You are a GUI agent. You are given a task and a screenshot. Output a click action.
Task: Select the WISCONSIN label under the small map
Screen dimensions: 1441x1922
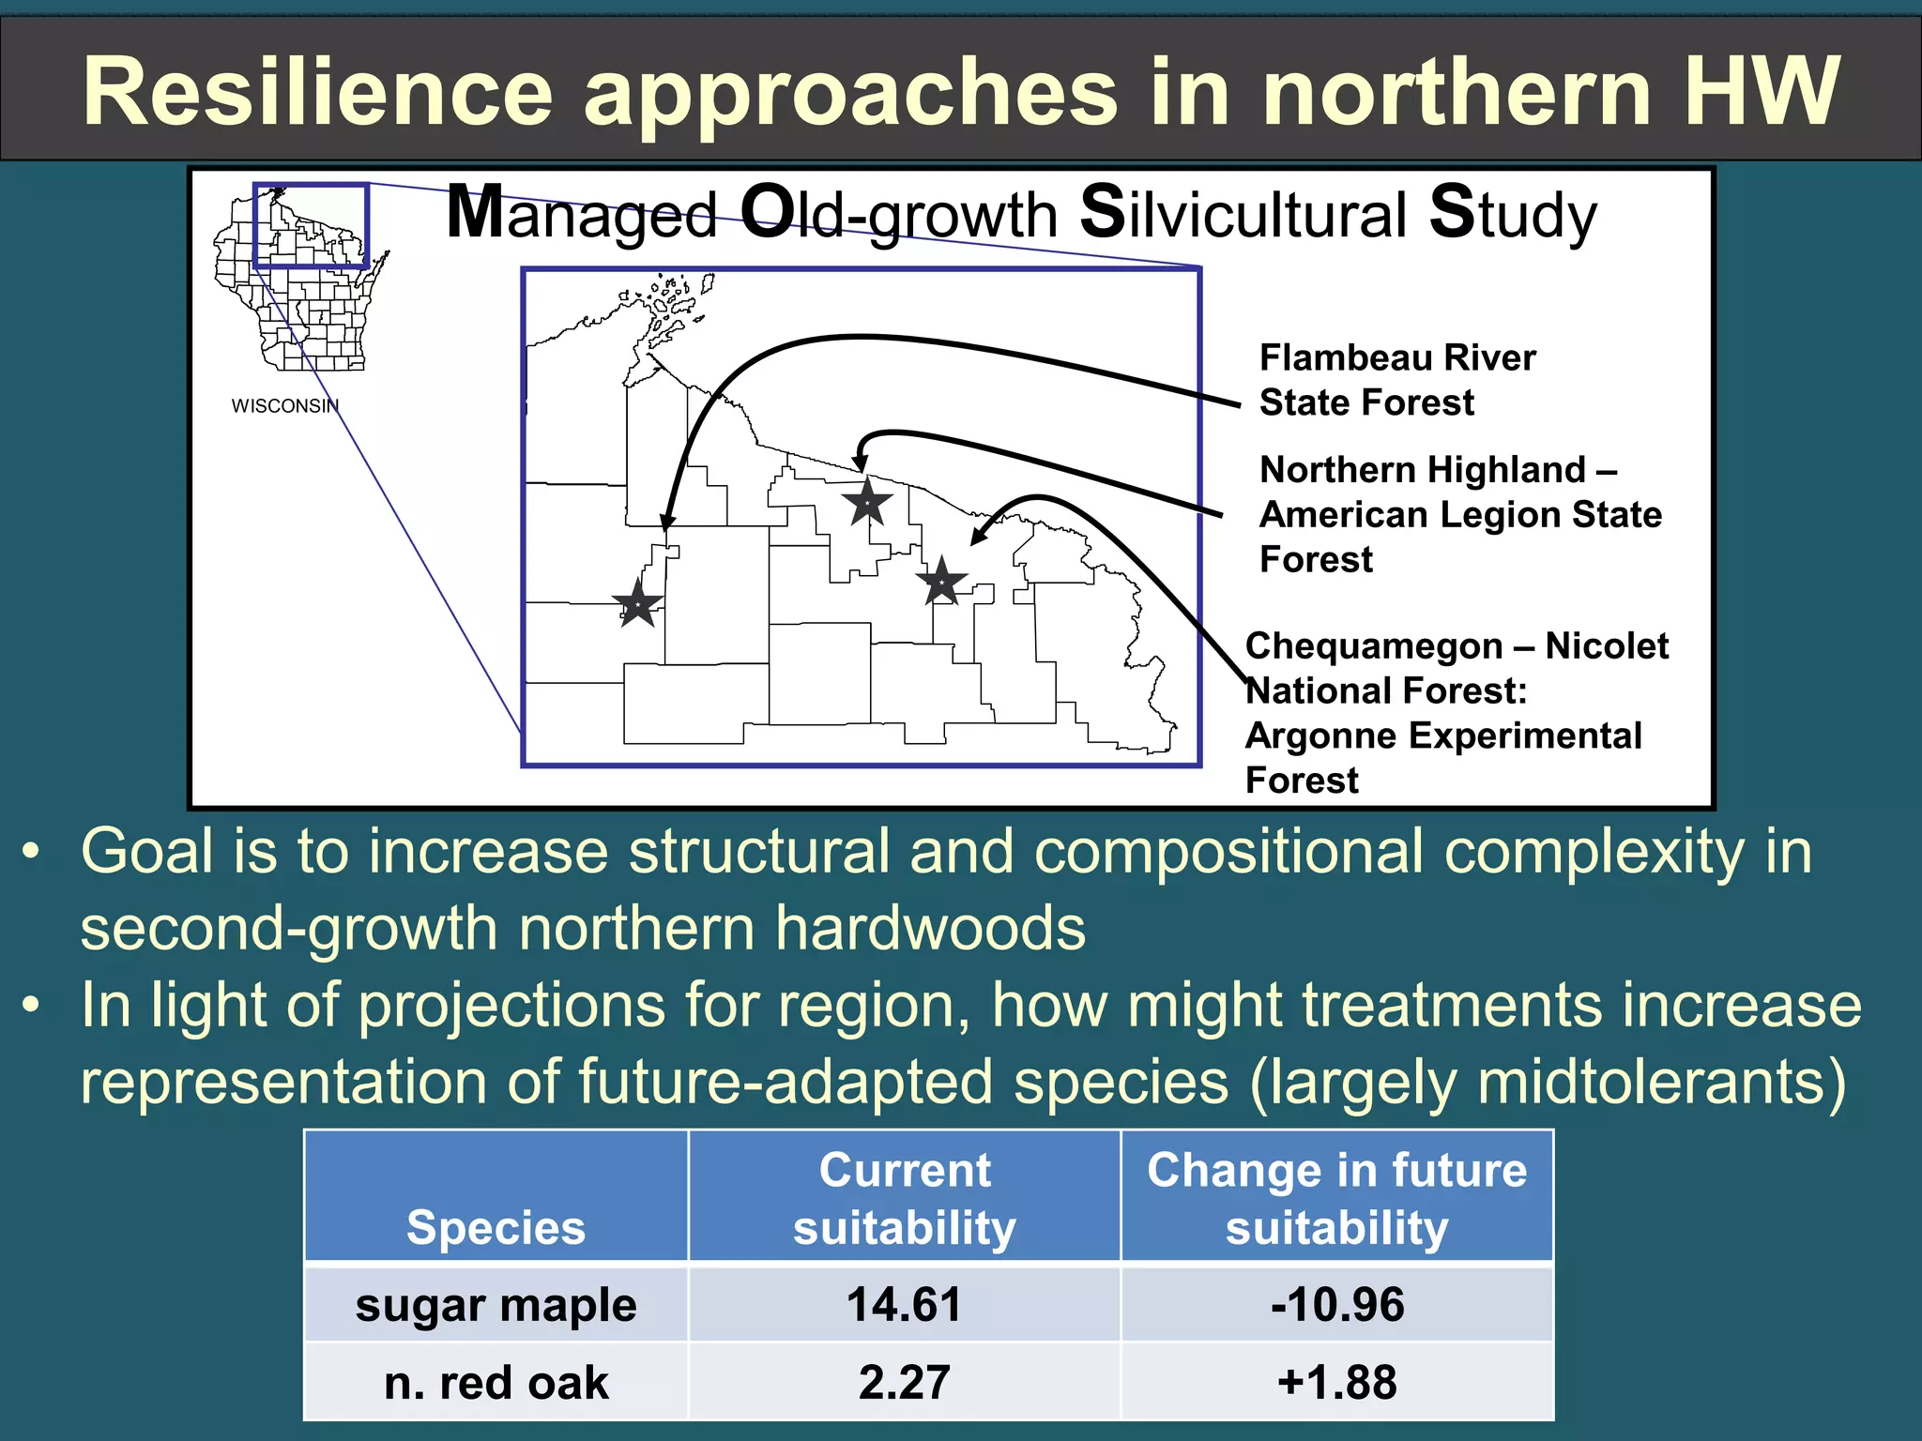284,406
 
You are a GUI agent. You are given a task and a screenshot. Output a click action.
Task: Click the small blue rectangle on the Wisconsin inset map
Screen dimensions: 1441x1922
311,226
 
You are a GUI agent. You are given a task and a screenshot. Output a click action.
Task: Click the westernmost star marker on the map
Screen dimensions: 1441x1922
638,603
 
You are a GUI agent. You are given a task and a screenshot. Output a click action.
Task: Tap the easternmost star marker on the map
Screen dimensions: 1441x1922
940,582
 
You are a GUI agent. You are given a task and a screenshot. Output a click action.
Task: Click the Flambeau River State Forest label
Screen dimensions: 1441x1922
1396,380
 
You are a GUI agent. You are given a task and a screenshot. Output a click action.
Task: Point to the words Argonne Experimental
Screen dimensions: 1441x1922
1442,736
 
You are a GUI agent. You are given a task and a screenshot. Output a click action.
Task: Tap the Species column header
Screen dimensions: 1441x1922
496,1227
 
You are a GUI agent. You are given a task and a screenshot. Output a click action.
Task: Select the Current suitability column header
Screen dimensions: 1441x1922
904,1198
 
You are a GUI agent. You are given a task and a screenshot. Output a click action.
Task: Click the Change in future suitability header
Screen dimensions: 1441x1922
1336,1198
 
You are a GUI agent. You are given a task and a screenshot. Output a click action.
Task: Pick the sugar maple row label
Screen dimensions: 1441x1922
496,1305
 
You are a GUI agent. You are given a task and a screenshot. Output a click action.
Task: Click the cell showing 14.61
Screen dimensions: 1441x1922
904,1305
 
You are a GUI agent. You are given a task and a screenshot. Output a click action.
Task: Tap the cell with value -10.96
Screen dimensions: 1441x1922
1336,1305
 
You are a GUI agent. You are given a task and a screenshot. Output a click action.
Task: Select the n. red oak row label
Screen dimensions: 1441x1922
496,1383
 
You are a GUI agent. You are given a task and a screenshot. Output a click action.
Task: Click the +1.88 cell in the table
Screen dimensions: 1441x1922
1336,1383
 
